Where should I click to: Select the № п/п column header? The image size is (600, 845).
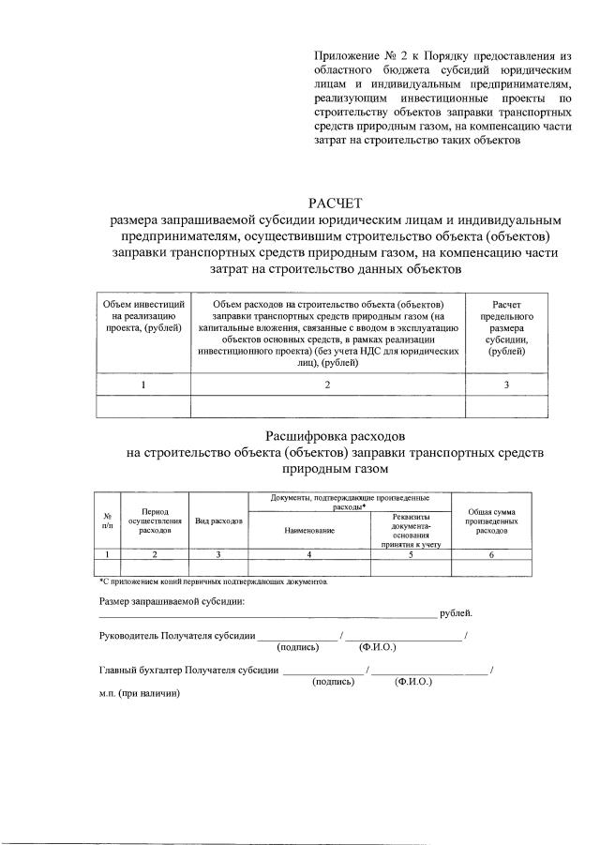click(x=107, y=521)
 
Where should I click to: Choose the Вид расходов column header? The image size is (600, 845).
click(x=218, y=521)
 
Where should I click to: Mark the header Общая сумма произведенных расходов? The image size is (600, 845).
click(x=491, y=521)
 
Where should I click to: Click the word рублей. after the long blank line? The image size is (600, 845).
click(x=456, y=614)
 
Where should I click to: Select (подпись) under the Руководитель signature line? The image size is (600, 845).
click(x=299, y=647)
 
